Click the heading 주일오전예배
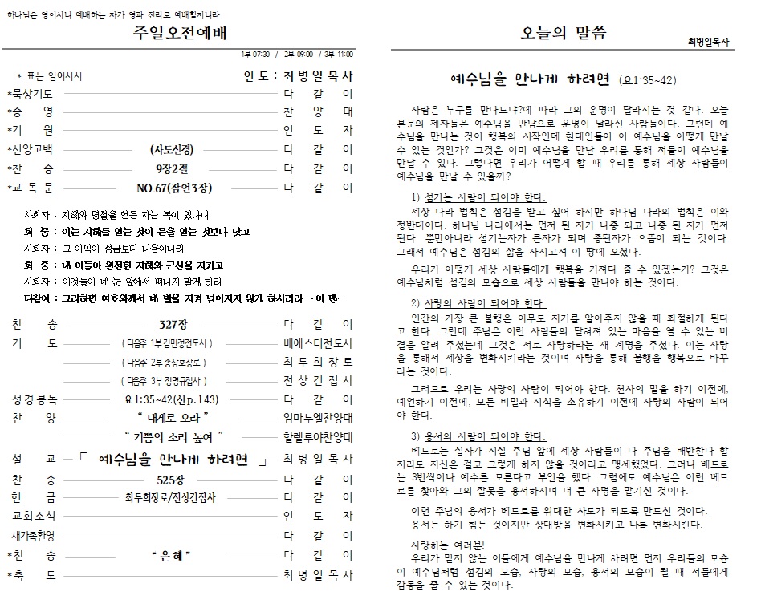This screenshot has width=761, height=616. coord(181,33)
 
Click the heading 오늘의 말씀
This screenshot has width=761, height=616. coord(564,33)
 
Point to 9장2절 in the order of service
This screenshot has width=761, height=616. coord(172,169)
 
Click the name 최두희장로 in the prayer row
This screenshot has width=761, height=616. coord(318,363)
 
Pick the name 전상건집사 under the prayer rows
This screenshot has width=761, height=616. coord(318,381)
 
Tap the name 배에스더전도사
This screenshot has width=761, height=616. coord(318,343)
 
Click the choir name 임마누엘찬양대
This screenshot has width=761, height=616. coord(318,419)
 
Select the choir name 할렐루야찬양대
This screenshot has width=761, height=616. coord(318,438)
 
